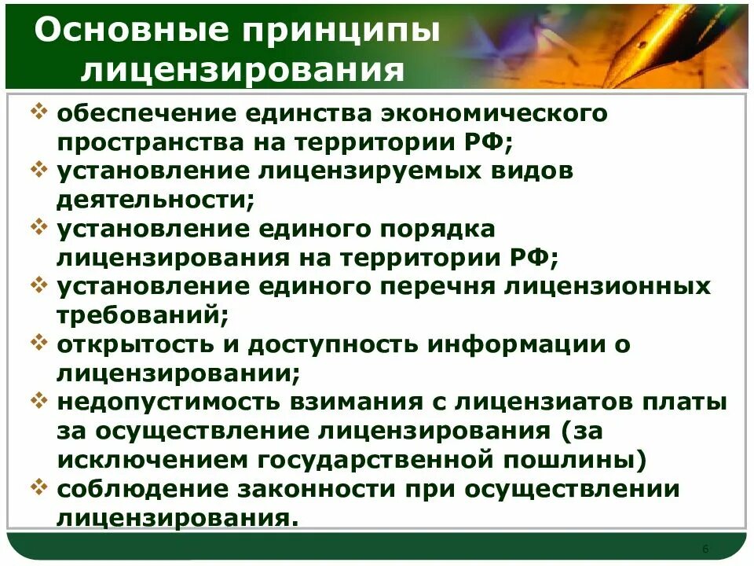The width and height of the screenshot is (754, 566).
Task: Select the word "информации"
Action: click(x=515, y=344)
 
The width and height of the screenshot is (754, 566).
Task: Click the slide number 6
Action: click(x=705, y=548)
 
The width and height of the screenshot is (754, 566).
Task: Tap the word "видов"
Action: click(x=534, y=171)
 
